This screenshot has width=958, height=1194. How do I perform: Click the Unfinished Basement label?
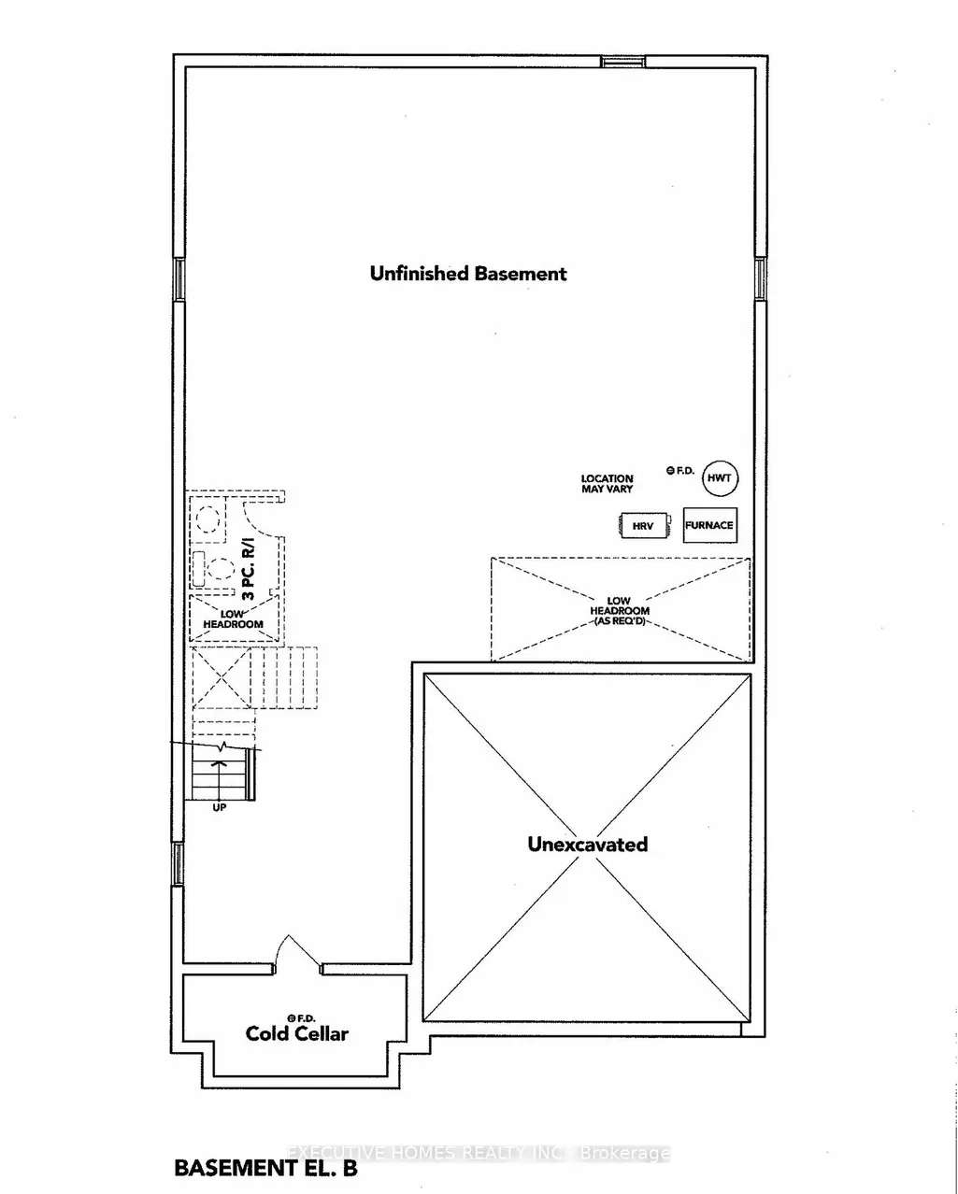[468, 274]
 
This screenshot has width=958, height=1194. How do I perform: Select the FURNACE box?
[710, 525]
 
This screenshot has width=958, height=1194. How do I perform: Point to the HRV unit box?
[643, 525]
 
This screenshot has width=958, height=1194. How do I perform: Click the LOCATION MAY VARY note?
[607, 483]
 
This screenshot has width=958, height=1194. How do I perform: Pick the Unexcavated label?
[587, 844]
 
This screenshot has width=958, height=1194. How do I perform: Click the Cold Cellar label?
[297, 1033]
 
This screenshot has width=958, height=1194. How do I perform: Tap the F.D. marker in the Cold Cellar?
[301, 1018]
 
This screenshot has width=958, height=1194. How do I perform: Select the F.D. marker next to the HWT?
[679, 471]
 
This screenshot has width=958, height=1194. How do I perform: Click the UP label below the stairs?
[220, 807]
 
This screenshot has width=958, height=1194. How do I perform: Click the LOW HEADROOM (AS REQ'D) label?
[619, 610]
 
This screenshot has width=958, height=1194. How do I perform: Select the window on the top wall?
[623, 61]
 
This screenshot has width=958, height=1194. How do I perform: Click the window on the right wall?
[761, 279]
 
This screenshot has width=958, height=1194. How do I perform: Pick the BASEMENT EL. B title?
[265, 1168]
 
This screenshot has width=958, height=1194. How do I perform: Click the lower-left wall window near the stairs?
[178, 863]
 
